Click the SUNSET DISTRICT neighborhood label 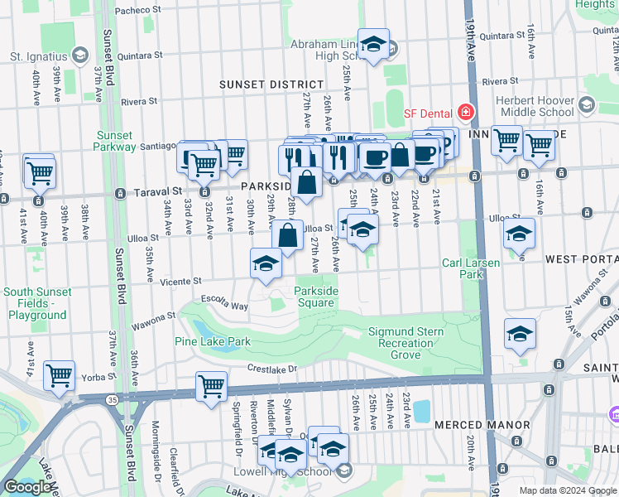[271, 84]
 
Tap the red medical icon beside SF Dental [466, 112]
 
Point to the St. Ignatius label [39, 57]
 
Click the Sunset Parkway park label [115, 141]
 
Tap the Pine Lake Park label [212, 341]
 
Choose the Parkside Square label [316, 297]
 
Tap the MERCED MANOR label [482, 425]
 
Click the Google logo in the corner [27, 487]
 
